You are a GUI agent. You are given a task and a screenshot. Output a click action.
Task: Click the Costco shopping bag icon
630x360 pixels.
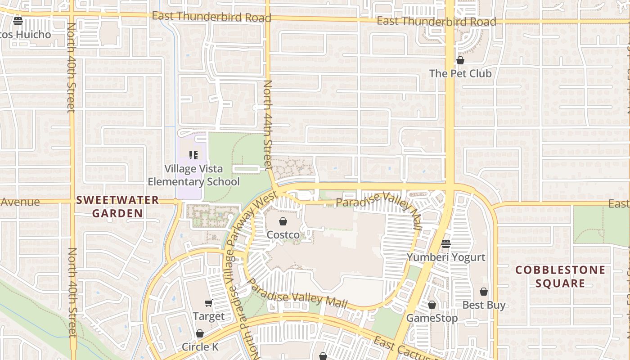click(x=283, y=221)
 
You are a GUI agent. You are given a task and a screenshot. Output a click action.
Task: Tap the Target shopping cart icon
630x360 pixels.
click(x=208, y=303)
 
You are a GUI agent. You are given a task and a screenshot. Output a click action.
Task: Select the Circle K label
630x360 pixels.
click(x=200, y=346)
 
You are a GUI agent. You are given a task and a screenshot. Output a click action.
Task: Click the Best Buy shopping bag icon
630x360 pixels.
click(x=484, y=292)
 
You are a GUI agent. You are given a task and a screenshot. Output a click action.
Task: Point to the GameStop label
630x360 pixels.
click(x=432, y=318)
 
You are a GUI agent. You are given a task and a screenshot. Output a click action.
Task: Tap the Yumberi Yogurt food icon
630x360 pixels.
click(x=446, y=244)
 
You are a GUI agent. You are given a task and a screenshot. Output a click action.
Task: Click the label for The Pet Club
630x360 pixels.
click(x=460, y=73)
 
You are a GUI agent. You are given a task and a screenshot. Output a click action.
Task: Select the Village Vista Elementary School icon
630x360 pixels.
click(x=193, y=156)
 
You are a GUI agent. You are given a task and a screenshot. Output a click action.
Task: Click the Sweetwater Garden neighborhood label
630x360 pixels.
click(x=118, y=207)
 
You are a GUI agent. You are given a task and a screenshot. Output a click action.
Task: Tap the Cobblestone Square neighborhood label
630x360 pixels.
click(x=560, y=276)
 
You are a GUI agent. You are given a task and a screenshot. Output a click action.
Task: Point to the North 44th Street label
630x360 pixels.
click(x=268, y=125)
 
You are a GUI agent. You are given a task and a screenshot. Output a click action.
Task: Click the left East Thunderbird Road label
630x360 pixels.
click(x=211, y=17)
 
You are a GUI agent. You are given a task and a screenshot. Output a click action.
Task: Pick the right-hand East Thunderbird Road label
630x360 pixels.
click(x=436, y=21)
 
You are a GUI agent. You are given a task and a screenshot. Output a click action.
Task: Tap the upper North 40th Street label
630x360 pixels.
click(x=71, y=67)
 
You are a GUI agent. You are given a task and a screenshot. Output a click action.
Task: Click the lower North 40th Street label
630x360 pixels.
click(x=72, y=292)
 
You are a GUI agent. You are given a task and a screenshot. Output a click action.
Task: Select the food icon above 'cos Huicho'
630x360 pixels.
click(x=18, y=21)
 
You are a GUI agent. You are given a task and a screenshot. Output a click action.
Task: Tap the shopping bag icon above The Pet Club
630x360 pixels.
click(x=460, y=60)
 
